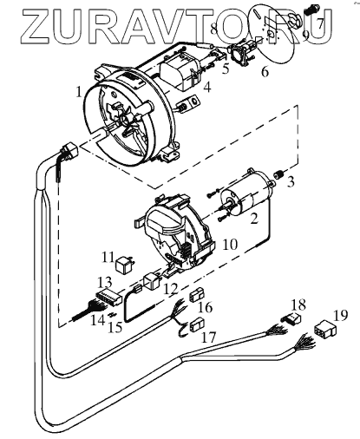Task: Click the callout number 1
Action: (80, 92)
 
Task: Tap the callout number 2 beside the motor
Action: (254, 219)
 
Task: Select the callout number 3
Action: (291, 182)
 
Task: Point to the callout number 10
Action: (231, 245)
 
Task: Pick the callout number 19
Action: (340, 316)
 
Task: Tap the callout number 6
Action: (265, 71)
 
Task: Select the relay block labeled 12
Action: (152, 281)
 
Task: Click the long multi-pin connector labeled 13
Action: (109, 298)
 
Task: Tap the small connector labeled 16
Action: (197, 295)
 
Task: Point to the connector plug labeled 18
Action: (291, 318)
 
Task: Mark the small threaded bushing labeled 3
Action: (278, 174)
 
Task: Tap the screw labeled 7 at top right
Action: (311, 11)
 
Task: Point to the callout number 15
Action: (115, 327)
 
